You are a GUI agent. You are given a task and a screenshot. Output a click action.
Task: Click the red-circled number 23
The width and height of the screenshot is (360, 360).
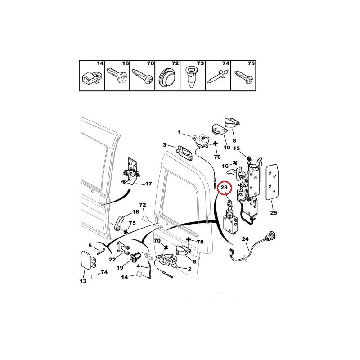224,187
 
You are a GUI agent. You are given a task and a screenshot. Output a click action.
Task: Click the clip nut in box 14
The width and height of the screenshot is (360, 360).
90,77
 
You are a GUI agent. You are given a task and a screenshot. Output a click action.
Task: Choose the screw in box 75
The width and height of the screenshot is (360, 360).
243,76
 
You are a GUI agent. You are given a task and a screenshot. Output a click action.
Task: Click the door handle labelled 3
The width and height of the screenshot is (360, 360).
184,153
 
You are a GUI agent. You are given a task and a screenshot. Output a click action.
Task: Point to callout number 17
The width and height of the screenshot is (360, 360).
148,184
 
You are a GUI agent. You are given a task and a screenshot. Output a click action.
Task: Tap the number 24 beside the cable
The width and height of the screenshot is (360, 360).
245,239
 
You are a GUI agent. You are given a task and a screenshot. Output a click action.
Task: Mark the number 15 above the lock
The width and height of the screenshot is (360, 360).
236,148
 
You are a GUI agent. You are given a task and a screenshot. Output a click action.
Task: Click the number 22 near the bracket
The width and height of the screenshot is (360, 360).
112,260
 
